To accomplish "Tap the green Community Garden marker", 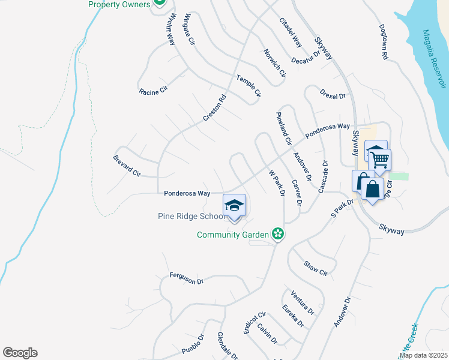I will pyautogui.click(x=277, y=233).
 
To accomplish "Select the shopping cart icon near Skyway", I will pyautogui.click(x=379, y=160).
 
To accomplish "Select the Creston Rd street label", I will pyautogui.click(x=214, y=109).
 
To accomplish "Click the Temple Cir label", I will pyautogui.click(x=249, y=86).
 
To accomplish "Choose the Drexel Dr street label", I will pyautogui.click(x=333, y=95).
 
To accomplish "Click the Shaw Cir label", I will pyautogui.click(x=315, y=268).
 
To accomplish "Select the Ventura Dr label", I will pyautogui.click(x=302, y=302).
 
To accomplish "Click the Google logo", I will pyautogui.click(x=20, y=353).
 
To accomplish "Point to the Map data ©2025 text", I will pyautogui.click(x=422, y=355).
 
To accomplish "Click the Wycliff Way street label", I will pyautogui.click(x=170, y=29).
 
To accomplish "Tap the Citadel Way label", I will pyautogui.click(x=291, y=33).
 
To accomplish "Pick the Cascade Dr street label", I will pyautogui.click(x=324, y=176).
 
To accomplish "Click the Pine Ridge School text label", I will pyautogui.click(x=188, y=217).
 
